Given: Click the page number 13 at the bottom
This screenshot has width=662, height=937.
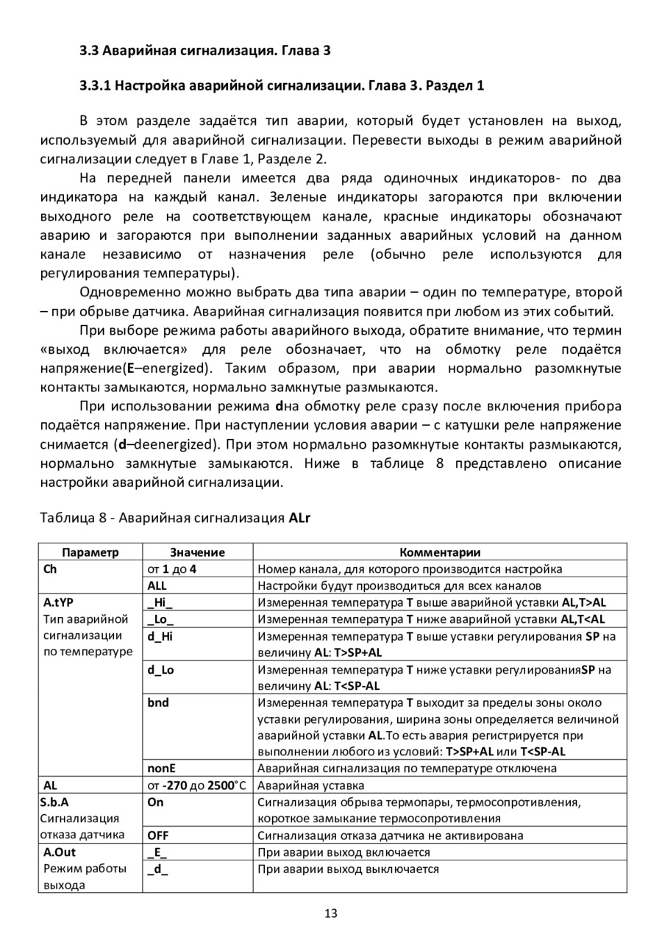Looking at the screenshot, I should click(x=330, y=913).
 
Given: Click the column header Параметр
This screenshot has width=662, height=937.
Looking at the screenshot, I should click(x=90, y=552).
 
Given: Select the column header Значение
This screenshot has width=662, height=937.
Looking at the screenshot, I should click(x=197, y=552).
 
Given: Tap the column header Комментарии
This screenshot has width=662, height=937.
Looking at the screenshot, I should click(x=440, y=552).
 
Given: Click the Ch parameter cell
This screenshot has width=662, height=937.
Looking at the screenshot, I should click(x=50, y=569).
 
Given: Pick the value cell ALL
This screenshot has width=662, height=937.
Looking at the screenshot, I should click(x=157, y=586).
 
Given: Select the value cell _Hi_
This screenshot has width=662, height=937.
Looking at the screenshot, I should click(x=160, y=602).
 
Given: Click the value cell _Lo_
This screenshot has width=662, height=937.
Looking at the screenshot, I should click(x=160, y=619).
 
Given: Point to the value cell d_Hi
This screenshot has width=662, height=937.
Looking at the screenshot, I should click(x=160, y=636).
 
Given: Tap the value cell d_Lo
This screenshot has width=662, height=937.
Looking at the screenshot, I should click(x=160, y=669).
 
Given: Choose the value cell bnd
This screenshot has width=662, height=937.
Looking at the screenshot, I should click(x=158, y=702).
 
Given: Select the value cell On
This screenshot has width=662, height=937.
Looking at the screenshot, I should click(x=155, y=802).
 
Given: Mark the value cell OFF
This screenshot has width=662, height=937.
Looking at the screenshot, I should click(x=158, y=836).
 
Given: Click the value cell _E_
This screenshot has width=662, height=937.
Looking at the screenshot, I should click(x=157, y=852).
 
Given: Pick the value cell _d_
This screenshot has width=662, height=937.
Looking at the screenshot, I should click(x=157, y=869).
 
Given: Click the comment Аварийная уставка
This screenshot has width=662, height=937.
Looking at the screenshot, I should click(x=304, y=785).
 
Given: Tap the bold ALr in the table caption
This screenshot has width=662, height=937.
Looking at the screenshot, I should click(x=300, y=518).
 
